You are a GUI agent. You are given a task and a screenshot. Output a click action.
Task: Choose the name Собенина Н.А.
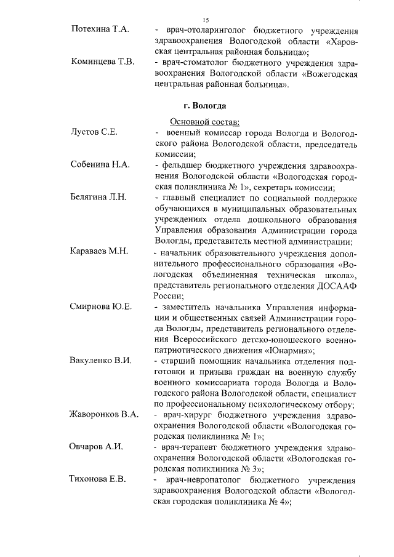[100, 166]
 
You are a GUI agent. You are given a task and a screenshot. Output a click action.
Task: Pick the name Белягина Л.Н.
[98, 198]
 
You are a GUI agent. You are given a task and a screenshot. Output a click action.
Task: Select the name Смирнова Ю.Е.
[101, 307]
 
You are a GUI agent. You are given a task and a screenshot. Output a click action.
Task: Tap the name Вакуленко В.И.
[101, 361]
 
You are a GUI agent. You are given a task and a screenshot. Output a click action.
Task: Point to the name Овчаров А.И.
[96, 446]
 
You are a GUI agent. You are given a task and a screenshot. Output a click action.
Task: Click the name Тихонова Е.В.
[98, 479]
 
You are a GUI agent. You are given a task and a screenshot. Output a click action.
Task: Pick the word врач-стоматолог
[196, 63]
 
